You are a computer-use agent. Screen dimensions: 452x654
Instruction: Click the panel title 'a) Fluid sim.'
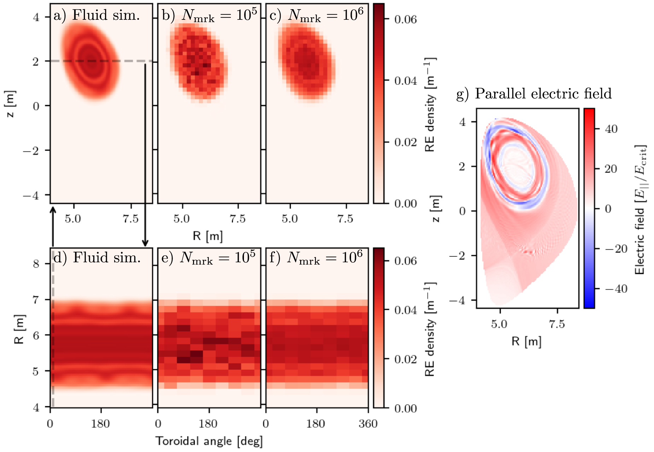pyautogui.click(x=97, y=15)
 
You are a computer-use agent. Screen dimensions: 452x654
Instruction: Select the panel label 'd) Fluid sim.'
pyautogui.click(x=97, y=257)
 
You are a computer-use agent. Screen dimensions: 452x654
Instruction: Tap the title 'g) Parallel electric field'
pyautogui.click(x=534, y=94)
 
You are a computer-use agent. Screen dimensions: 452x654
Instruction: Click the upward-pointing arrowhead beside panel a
pyautogui.click(x=53, y=209)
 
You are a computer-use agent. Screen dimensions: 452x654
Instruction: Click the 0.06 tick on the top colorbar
pyautogui.click(x=405, y=19)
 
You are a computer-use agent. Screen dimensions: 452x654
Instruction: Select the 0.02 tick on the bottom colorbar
pyautogui.click(x=405, y=359)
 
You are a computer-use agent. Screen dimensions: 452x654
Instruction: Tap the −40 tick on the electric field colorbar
pyautogui.click(x=616, y=289)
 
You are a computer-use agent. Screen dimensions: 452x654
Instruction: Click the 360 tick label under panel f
pyautogui.click(x=368, y=424)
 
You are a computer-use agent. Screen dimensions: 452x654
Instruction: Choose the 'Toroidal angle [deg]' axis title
pyautogui.click(x=209, y=441)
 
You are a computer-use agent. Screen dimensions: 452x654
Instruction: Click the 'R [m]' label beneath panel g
pyautogui.click(x=526, y=341)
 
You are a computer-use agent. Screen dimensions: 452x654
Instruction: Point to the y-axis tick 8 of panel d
pyautogui.click(x=36, y=264)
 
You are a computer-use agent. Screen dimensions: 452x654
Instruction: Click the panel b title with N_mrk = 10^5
pyautogui.click(x=209, y=15)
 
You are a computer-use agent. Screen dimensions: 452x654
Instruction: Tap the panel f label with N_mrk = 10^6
pyautogui.click(x=316, y=257)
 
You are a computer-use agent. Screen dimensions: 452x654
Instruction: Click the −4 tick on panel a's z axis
pyautogui.click(x=31, y=195)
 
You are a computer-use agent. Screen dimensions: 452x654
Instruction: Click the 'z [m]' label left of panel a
pyautogui.click(x=11, y=104)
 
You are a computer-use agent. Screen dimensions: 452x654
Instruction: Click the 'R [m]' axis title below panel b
pyautogui.click(x=208, y=236)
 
